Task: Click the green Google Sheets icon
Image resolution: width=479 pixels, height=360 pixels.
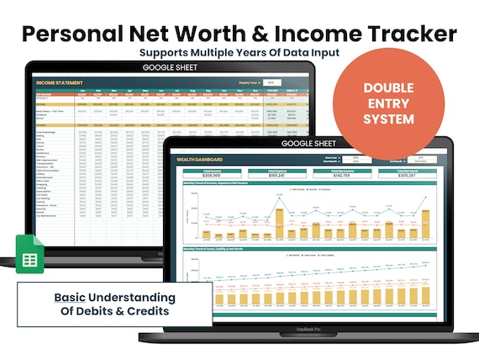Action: [x=30, y=253]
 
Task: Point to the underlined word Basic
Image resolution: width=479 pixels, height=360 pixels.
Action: [x=69, y=297]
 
